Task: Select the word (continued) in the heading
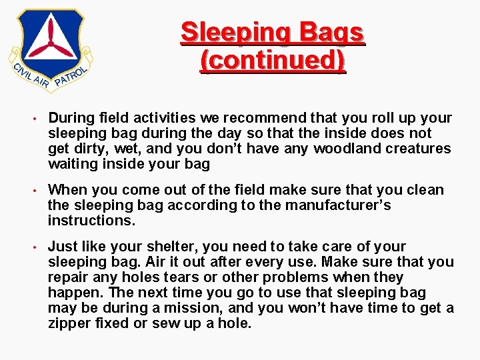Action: (273, 60)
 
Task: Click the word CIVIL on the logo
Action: (23, 69)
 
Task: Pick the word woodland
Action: (347, 148)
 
